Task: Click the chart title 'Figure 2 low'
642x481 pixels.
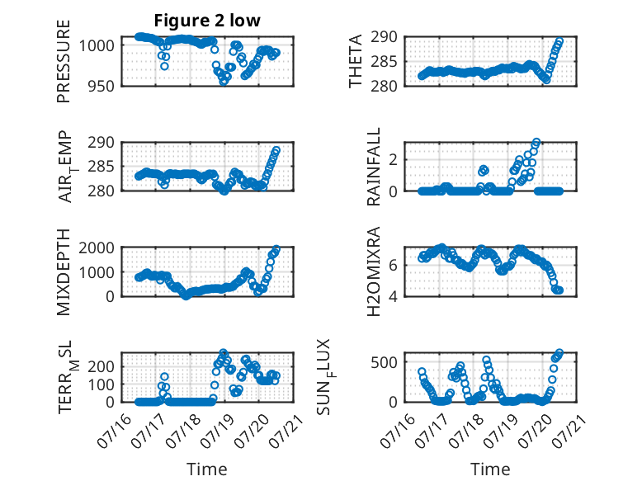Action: coord(207,21)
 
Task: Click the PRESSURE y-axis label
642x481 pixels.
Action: coord(64,61)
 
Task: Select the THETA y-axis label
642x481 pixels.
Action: coord(356,61)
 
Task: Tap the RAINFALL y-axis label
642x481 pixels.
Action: coord(374,167)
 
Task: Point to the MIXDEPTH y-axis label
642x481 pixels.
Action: coord(64,272)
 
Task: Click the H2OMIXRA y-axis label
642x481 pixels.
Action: coord(374,271)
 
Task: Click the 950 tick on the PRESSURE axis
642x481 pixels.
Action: coord(101,87)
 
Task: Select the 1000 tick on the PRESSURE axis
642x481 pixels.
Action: coord(97,46)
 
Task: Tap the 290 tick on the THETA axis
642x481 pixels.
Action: coord(384,37)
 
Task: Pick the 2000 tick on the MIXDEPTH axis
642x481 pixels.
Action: coord(97,248)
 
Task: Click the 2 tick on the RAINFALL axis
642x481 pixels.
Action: coord(393,159)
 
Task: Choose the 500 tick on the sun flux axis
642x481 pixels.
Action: coord(384,362)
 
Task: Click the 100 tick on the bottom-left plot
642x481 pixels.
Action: coord(101,384)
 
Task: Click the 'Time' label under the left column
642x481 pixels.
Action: coord(207,469)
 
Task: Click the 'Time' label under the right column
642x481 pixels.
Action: coord(490,469)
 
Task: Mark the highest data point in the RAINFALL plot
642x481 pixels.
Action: coord(536,143)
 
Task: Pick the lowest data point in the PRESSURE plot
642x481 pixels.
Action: coord(224,81)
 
